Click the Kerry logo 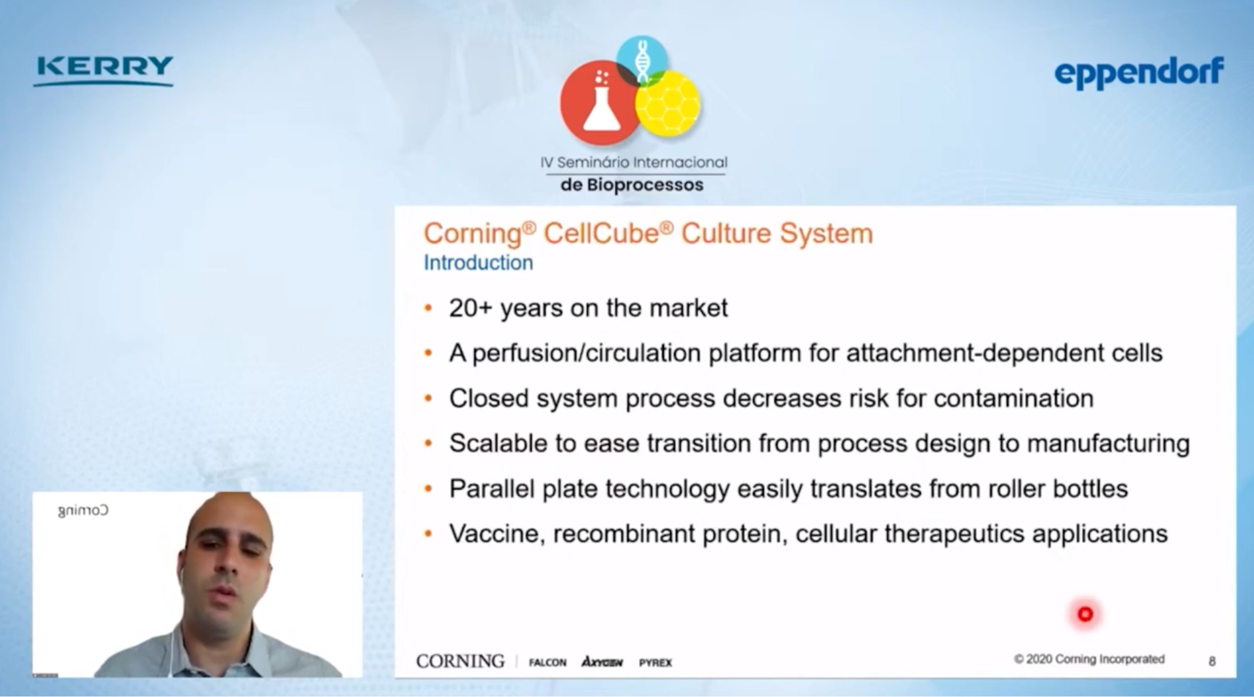click(103, 71)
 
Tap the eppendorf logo click(1138, 73)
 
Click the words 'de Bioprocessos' click(632, 185)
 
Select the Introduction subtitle click(478, 262)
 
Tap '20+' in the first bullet click(470, 308)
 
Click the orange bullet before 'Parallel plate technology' click(428, 488)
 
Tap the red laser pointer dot click(1085, 614)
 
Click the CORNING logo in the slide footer click(461, 661)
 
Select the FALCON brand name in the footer click(548, 662)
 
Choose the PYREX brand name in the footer click(655, 662)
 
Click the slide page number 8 click(1212, 661)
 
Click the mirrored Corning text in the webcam click(83, 510)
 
